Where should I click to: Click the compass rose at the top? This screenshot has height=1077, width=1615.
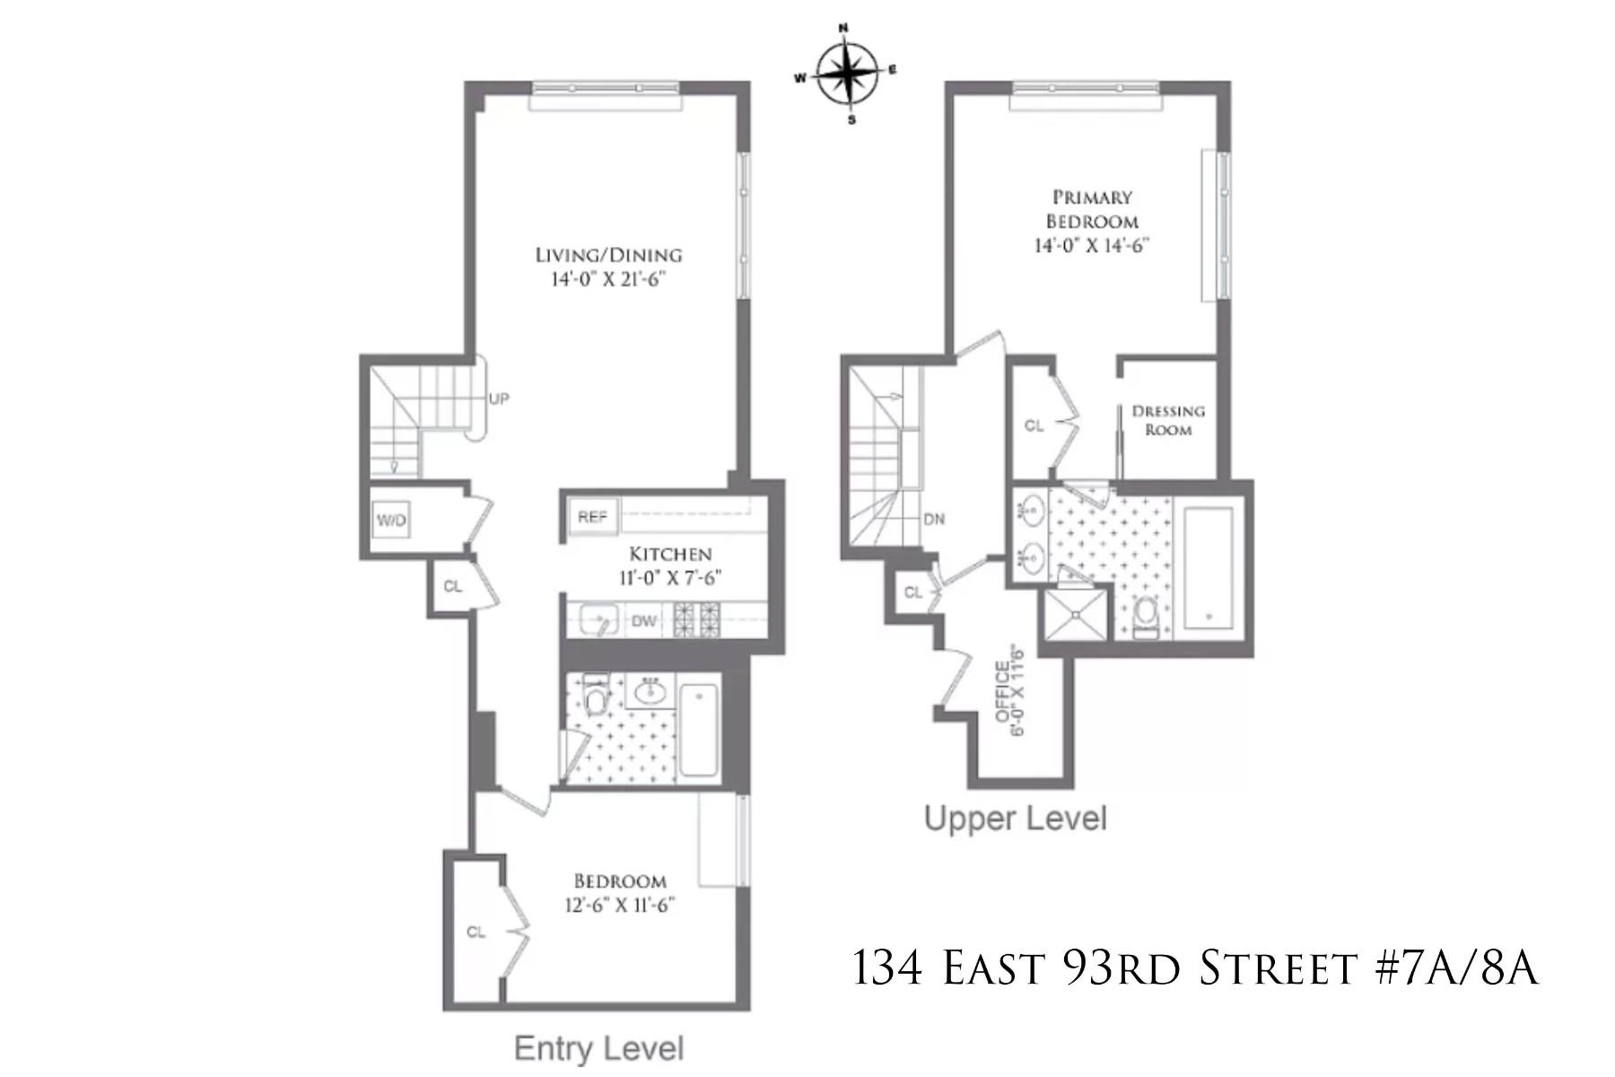click(846, 74)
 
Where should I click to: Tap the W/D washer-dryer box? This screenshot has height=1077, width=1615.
click(391, 520)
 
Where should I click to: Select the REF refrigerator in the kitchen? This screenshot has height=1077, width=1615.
click(592, 517)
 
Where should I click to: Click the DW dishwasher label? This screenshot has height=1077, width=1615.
click(643, 621)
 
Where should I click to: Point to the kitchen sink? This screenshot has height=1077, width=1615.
click(598, 619)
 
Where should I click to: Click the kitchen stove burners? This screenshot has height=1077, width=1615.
click(697, 619)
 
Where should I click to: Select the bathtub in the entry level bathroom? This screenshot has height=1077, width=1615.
click(699, 730)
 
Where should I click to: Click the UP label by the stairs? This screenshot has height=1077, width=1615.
click(498, 398)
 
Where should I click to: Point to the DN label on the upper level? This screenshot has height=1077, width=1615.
click(933, 519)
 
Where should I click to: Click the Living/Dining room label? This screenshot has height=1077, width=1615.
click(608, 255)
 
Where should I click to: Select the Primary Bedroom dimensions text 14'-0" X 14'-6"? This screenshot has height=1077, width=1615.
click(1091, 245)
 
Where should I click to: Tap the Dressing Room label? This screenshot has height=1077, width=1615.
click(1168, 420)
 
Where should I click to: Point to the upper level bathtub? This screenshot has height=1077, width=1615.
click(1209, 567)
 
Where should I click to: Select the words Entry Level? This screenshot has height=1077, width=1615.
click(598, 1048)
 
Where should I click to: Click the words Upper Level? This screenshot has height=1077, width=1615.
click(1015, 818)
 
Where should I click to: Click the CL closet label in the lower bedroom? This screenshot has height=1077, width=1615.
click(476, 933)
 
